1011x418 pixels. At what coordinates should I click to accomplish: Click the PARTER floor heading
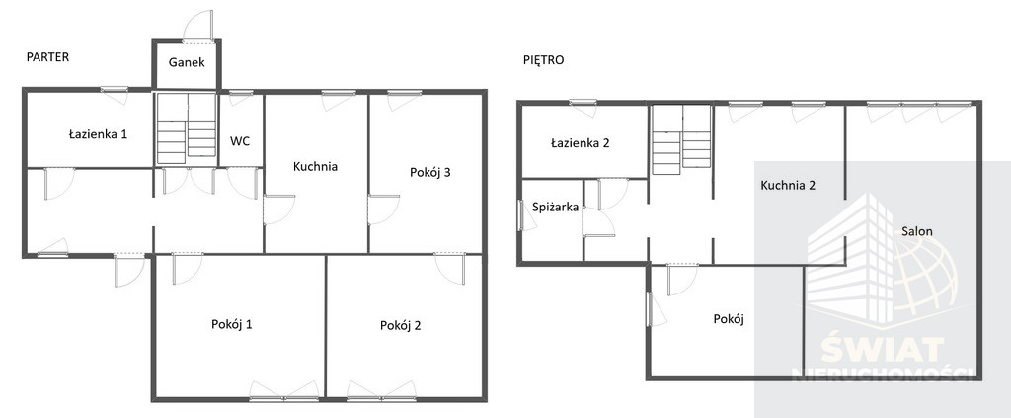pos(47,56)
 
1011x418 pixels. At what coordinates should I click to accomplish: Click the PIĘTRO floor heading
pos(544,60)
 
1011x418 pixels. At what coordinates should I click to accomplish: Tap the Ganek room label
pos(187,62)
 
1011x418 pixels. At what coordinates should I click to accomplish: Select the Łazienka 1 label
pos(98,134)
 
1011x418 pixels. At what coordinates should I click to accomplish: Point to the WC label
pos(240,141)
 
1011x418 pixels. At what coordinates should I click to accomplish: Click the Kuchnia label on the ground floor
pos(315,166)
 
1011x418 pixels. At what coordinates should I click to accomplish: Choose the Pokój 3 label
pos(429,172)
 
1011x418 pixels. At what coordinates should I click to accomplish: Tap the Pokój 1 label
pos(231,324)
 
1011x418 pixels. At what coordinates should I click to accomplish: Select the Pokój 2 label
pos(401,326)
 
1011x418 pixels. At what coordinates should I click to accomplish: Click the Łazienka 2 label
pos(581,143)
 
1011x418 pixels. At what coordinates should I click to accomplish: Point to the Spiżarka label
pos(555,208)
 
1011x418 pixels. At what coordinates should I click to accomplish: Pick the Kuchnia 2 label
pos(788,186)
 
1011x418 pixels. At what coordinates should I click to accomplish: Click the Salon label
pos(917,231)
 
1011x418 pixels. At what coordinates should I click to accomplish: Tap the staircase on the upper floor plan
pos(681,140)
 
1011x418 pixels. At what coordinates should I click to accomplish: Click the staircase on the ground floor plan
pos(187,128)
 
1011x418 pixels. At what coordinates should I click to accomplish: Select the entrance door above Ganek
pos(197,28)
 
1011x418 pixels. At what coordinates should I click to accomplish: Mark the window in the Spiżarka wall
pos(520,214)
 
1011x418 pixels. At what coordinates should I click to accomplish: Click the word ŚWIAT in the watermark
pos(882,351)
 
